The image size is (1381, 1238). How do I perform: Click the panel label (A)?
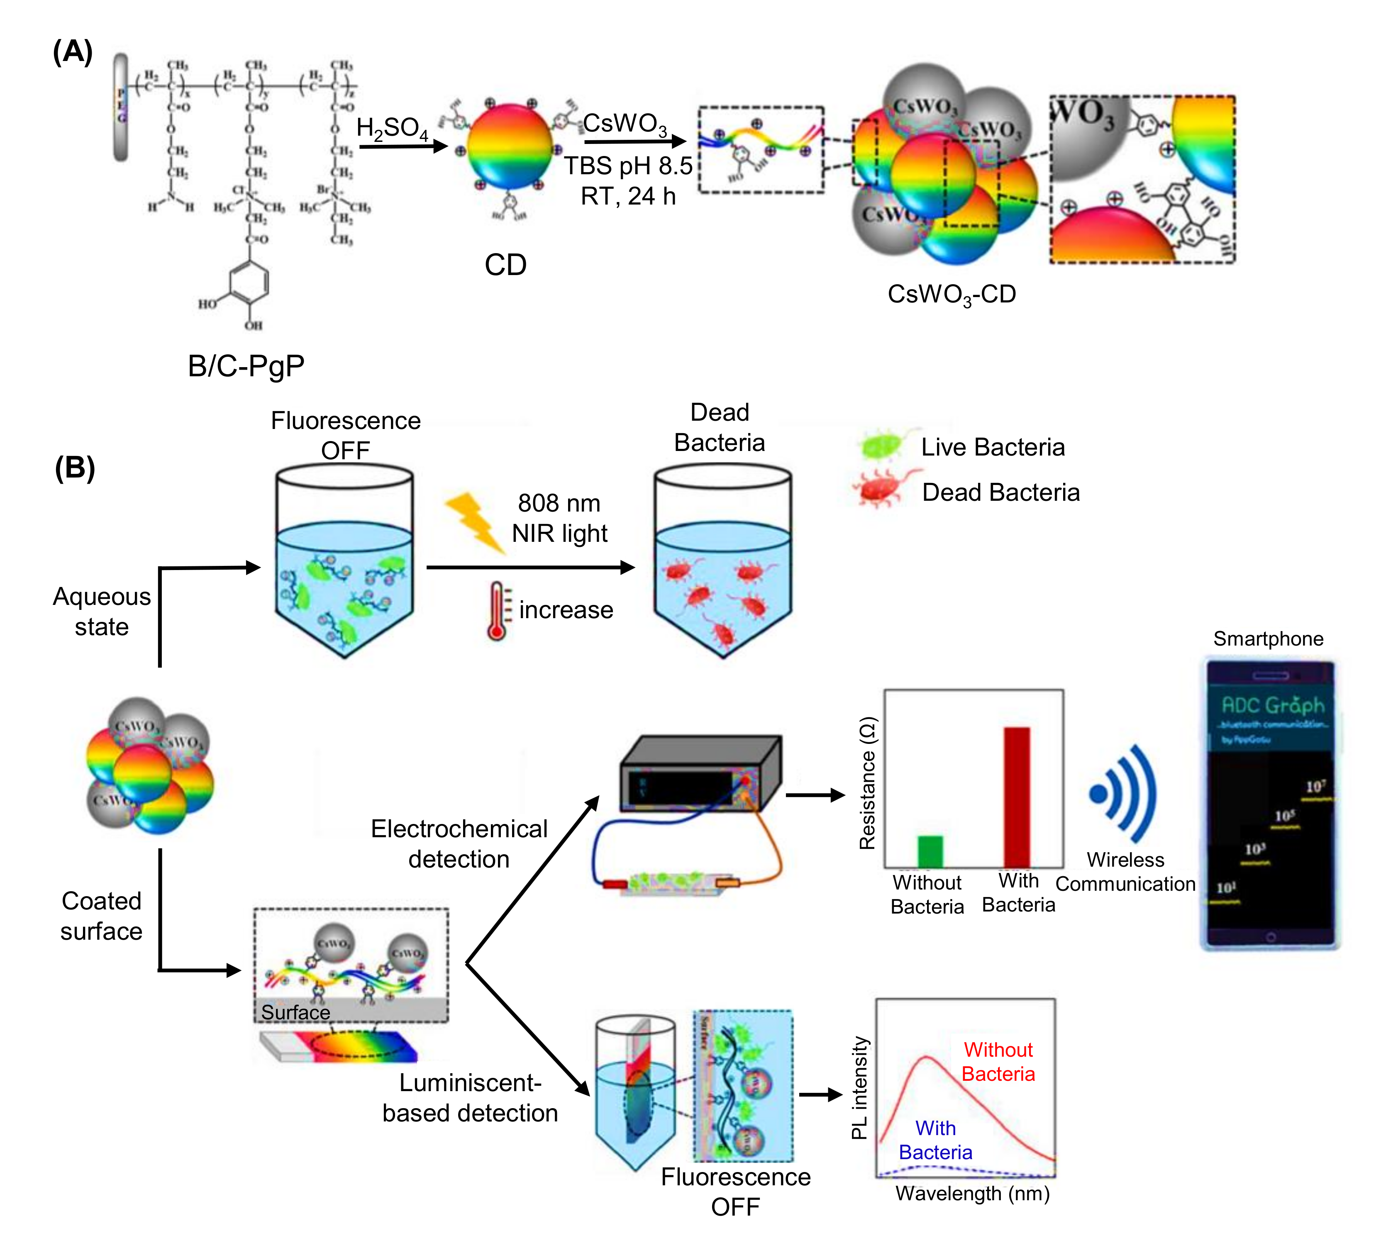(x=72, y=52)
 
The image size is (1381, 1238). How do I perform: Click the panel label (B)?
(x=74, y=468)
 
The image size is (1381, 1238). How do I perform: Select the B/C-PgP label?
(x=246, y=366)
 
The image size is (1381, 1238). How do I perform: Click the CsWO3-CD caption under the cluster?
(x=951, y=295)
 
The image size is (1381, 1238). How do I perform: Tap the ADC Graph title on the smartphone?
(x=1272, y=705)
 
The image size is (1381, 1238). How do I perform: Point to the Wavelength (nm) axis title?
(x=972, y=1193)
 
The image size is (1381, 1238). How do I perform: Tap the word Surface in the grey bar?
(x=295, y=1012)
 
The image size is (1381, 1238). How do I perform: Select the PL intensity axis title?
(x=860, y=1088)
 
